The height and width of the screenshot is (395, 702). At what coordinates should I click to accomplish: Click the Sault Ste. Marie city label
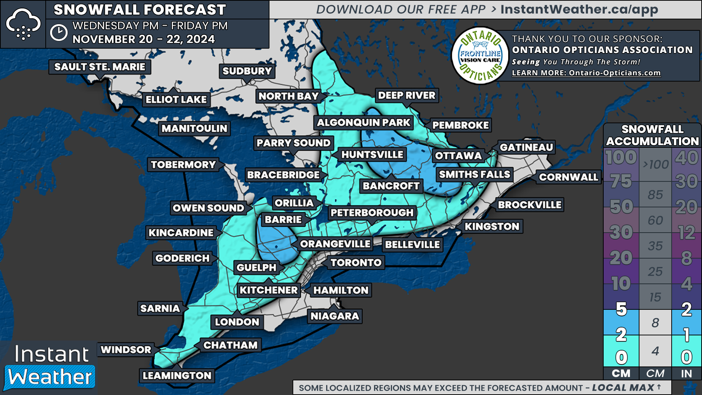pyautogui.click(x=100, y=67)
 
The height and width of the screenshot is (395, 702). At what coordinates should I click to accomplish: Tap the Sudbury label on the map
pyautogui.click(x=247, y=71)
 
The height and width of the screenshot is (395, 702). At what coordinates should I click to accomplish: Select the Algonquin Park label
pyautogui.click(x=363, y=123)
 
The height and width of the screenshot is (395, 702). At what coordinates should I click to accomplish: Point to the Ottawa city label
pyautogui.click(x=458, y=156)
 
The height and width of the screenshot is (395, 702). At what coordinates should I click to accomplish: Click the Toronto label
pyautogui.click(x=356, y=263)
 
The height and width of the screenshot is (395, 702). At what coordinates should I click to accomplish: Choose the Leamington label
pyautogui.click(x=177, y=376)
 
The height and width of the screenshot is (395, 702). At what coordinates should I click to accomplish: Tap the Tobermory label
pyautogui.click(x=183, y=165)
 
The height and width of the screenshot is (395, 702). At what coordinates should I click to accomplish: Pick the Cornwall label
pyautogui.click(x=569, y=177)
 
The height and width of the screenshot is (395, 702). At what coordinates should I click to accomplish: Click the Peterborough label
pyautogui.click(x=372, y=212)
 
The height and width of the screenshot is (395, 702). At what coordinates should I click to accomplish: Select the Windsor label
pyautogui.click(x=126, y=350)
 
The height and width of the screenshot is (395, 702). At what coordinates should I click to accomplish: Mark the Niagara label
pyautogui.click(x=335, y=316)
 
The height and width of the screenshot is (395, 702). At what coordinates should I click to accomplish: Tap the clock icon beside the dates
pyautogui.click(x=58, y=33)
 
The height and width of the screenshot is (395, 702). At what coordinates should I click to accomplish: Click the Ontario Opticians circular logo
pyautogui.click(x=480, y=56)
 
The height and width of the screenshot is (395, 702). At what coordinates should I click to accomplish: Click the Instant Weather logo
pyautogui.click(x=50, y=367)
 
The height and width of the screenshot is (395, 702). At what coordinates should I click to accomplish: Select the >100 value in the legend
pyautogui.click(x=655, y=165)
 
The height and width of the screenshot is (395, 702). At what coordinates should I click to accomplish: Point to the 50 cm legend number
pyautogui.click(x=621, y=207)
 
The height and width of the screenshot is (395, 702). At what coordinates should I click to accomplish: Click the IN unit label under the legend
pyautogui.click(x=686, y=373)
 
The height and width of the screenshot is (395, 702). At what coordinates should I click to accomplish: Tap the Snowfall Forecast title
pyautogui.click(x=140, y=10)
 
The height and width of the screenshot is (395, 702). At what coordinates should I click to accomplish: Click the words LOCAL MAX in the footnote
pyautogui.click(x=623, y=388)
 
